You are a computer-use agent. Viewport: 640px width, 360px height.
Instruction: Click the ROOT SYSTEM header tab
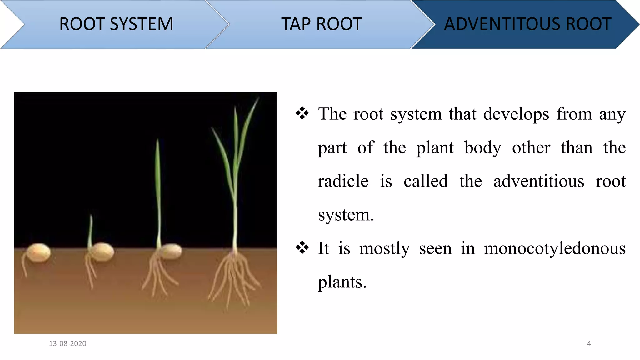click(116, 24)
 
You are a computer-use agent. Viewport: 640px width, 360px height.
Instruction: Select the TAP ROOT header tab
click(321, 24)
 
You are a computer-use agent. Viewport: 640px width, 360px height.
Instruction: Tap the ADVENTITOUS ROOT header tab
click(527, 24)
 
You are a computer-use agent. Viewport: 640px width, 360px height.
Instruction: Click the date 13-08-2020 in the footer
click(67, 343)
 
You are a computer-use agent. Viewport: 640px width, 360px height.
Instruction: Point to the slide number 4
click(589, 343)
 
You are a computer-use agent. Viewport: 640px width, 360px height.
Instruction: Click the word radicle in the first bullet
click(343, 181)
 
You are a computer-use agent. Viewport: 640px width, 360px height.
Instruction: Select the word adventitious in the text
click(538, 181)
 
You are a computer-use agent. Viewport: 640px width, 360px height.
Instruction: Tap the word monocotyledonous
click(555, 249)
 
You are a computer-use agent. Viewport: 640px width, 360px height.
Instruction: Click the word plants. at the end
click(342, 282)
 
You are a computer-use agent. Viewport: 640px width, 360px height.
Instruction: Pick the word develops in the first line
click(516, 114)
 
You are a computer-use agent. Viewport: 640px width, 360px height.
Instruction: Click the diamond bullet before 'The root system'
click(302, 113)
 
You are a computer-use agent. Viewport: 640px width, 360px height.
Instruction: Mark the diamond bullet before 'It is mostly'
click(302, 248)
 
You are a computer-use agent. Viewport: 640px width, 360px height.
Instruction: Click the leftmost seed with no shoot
click(38, 252)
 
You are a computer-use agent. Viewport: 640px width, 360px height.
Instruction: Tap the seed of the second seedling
click(102, 251)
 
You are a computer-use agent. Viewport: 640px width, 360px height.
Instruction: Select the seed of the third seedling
click(171, 251)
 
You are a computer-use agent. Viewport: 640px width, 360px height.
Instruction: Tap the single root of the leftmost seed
click(24, 266)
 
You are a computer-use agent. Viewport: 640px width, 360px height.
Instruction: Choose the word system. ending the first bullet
click(346, 215)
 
